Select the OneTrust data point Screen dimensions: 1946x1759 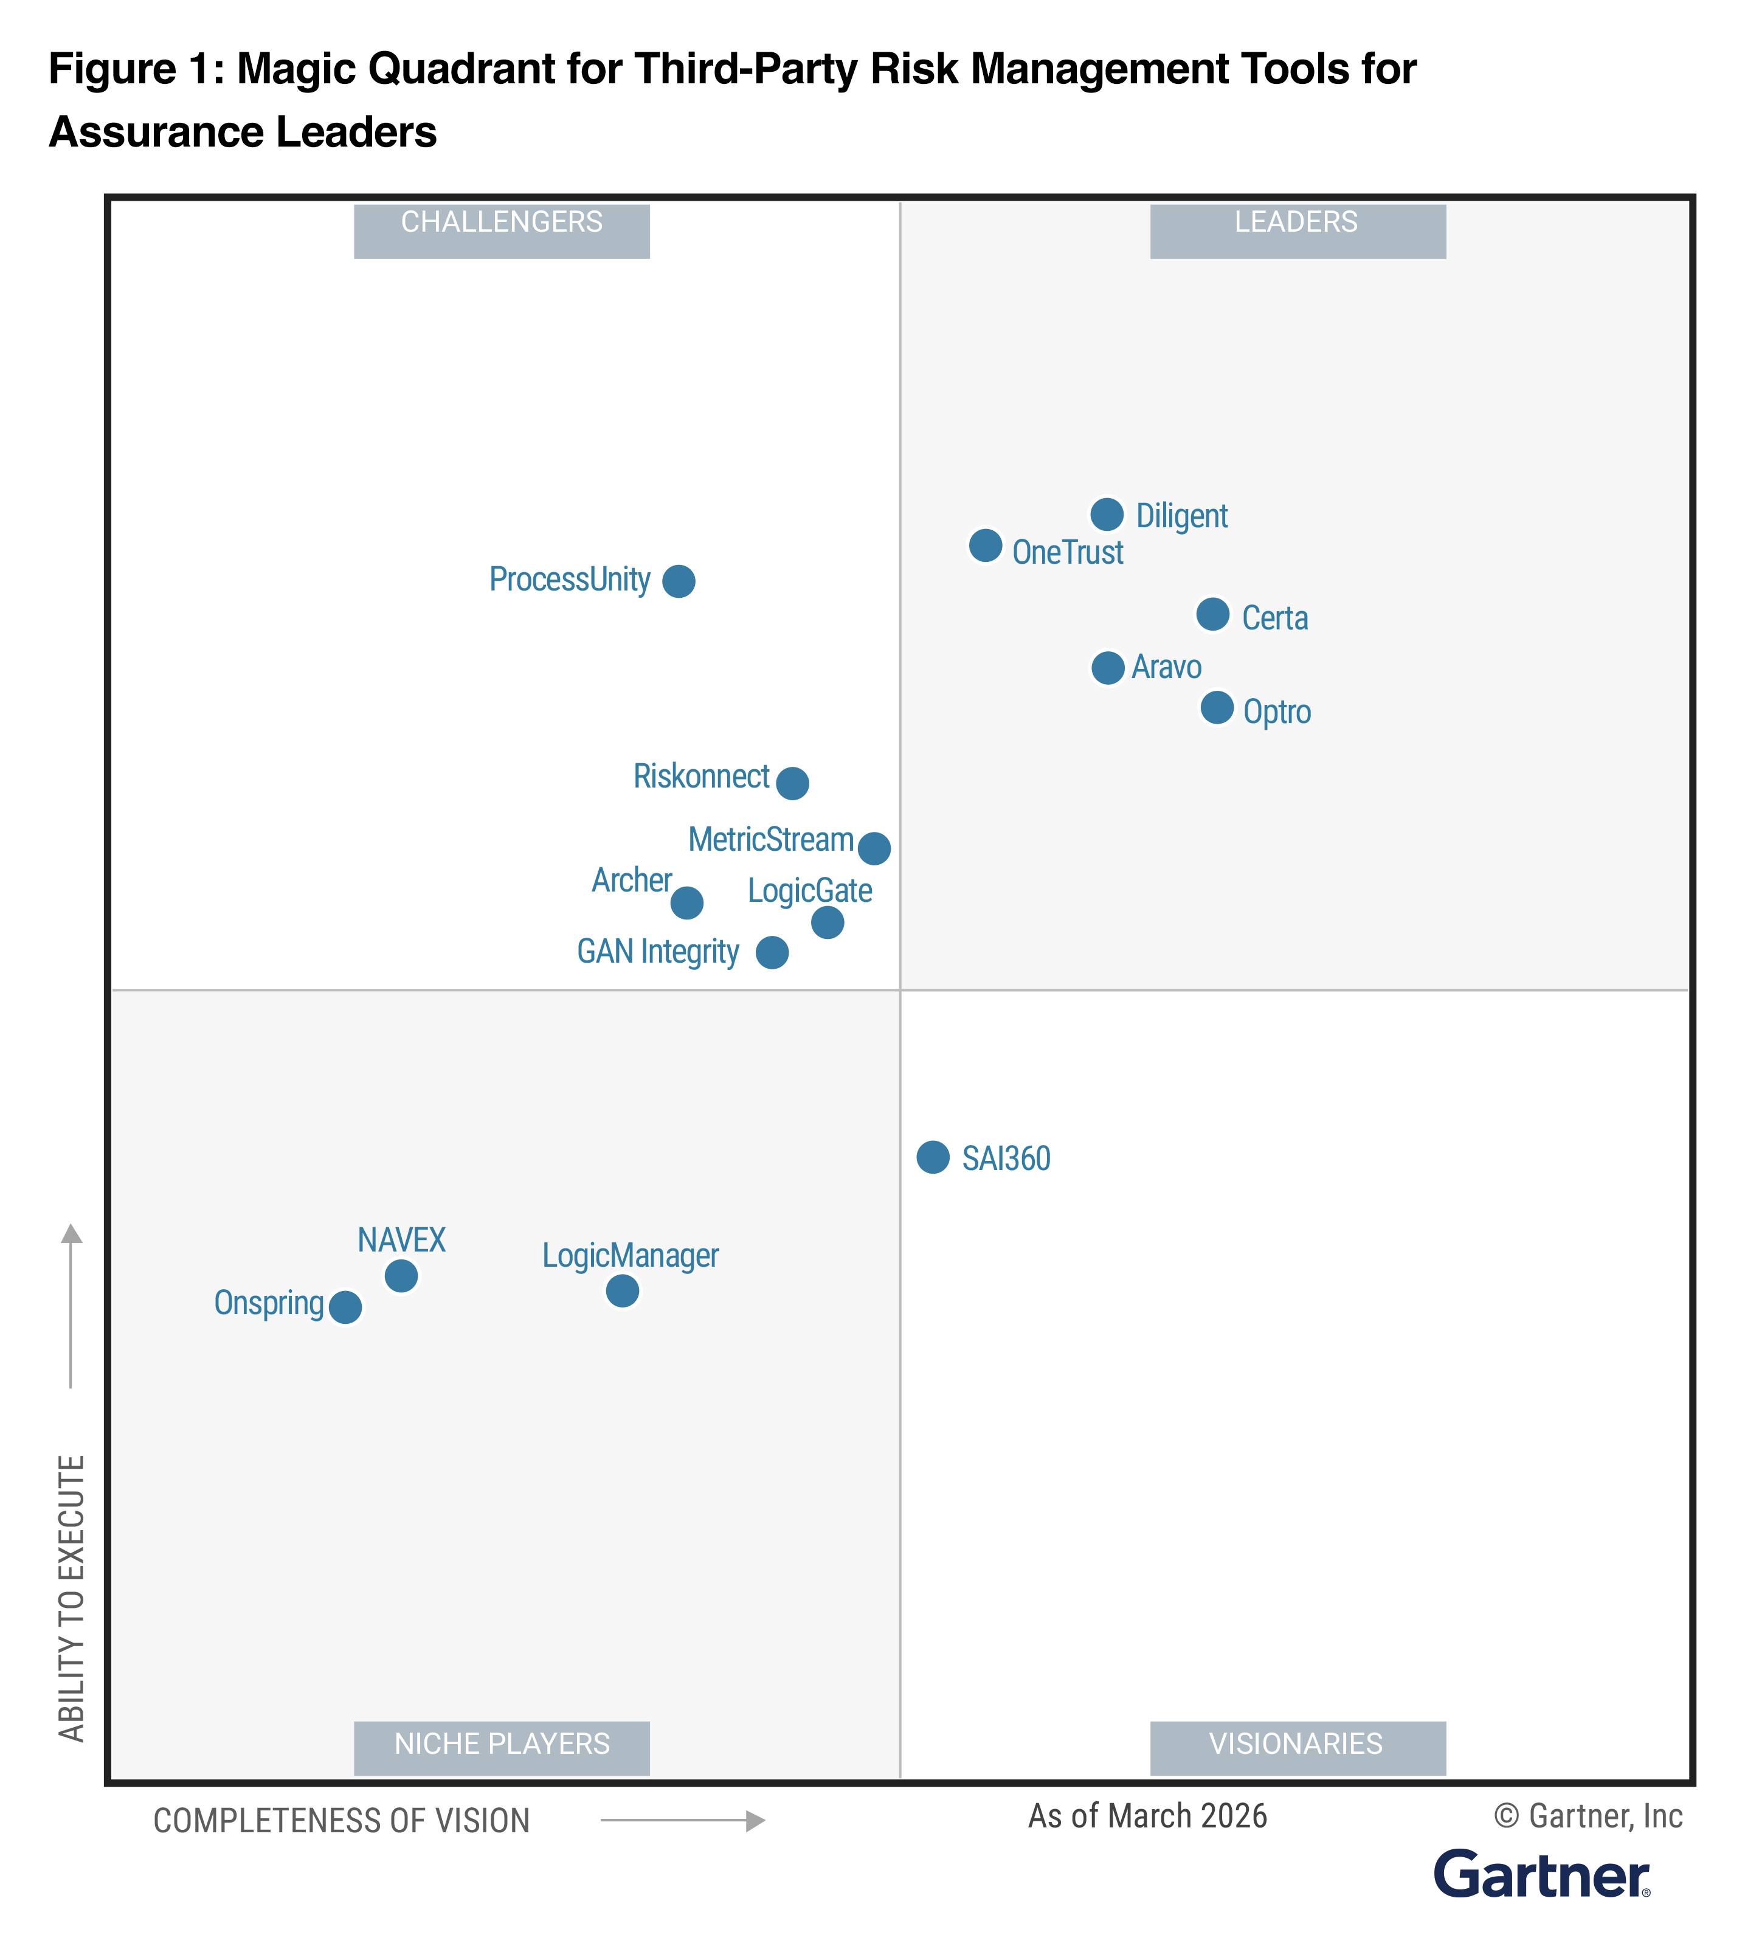coord(985,545)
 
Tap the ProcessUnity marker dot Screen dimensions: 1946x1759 coord(679,581)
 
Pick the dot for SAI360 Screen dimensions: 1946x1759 coord(933,1157)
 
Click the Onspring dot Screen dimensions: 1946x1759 coord(345,1307)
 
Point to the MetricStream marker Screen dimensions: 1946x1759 coord(874,848)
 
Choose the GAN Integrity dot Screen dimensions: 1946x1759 coord(772,953)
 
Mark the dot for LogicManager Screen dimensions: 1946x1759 coord(623,1290)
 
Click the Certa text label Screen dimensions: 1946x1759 coord(1274,618)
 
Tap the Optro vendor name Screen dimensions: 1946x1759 coord(1277,712)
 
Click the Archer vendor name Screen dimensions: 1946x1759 coord(631,881)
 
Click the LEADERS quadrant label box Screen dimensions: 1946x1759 coord(1297,230)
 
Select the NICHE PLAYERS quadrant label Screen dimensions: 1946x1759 coord(502,1747)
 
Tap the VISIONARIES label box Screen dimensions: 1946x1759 coord(1297,1747)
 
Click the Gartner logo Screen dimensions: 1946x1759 coord(1541,1875)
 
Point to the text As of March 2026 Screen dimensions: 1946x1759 coord(1147,1816)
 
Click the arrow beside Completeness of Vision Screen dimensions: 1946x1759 coord(682,1821)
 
